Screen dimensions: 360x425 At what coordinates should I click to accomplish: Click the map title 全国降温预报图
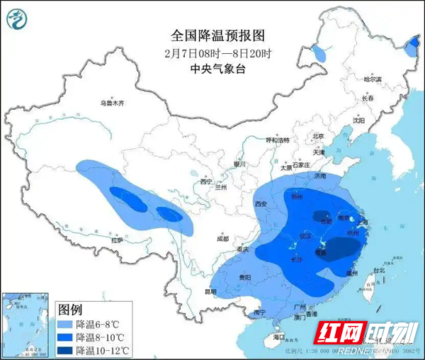(x=212, y=34)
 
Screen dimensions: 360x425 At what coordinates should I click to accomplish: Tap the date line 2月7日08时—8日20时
(x=212, y=52)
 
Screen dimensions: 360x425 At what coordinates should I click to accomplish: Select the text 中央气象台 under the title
(x=212, y=69)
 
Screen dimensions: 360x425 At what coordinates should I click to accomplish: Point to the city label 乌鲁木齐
(x=111, y=103)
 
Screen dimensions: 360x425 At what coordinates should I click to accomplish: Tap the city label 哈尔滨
(x=372, y=79)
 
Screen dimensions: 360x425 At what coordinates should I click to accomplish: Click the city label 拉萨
(x=115, y=241)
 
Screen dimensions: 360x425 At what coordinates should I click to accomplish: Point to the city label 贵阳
(x=244, y=277)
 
